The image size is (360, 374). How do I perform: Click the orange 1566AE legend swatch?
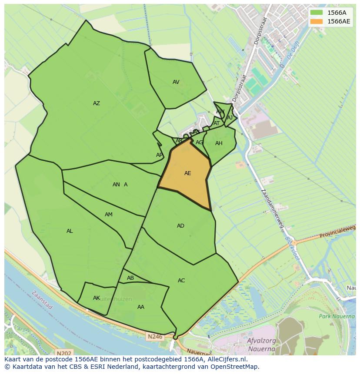[x=317, y=21]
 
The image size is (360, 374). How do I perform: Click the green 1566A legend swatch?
[x=317, y=13]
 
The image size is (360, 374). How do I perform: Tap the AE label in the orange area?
[x=187, y=173]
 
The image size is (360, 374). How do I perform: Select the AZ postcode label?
[x=97, y=103]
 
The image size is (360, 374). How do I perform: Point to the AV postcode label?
[x=176, y=82]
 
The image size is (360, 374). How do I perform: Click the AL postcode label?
[x=70, y=231]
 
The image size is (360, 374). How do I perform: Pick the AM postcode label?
[x=109, y=215]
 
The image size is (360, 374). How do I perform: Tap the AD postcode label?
[x=180, y=226]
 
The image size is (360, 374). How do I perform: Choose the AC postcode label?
[x=181, y=281]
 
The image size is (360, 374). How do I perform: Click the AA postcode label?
[x=140, y=307]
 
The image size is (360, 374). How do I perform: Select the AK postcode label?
[x=97, y=298]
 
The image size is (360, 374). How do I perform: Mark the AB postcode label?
[x=130, y=278]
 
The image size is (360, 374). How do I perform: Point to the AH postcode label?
[x=219, y=143]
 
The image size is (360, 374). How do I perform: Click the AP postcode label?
[x=159, y=155]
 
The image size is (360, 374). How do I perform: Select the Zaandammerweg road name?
[x=272, y=209]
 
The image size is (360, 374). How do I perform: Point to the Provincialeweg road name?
[x=337, y=234]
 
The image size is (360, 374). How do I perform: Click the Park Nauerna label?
[x=337, y=316]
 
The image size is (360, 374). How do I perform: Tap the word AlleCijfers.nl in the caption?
[x=227, y=359]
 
